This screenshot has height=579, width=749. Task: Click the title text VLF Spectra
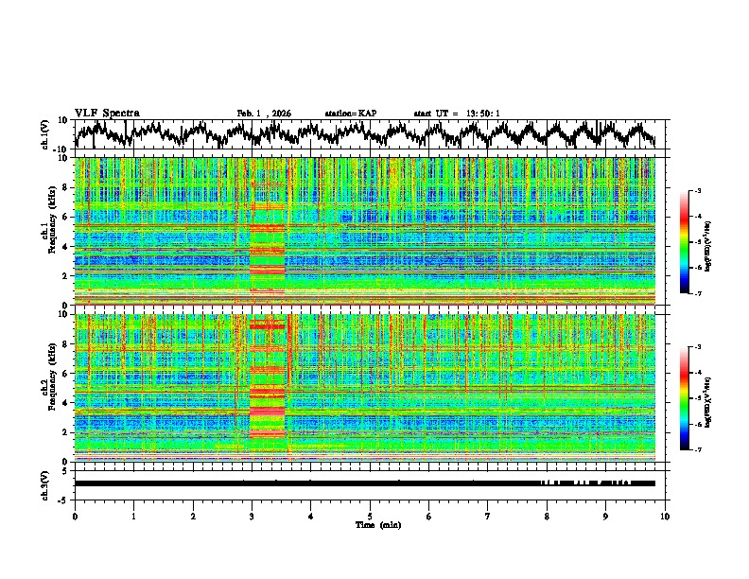coord(107,113)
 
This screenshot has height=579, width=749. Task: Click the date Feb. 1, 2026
coord(264,114)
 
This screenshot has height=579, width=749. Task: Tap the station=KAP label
coord(350,114)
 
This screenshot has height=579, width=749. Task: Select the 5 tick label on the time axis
coord(370,516)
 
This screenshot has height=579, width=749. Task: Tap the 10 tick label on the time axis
coord(665,516)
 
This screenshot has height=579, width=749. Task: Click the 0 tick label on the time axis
coord(75,516)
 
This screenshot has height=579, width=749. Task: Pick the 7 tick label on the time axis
coord(488,516)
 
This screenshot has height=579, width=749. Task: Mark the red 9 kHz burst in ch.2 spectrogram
coord(267,326)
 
